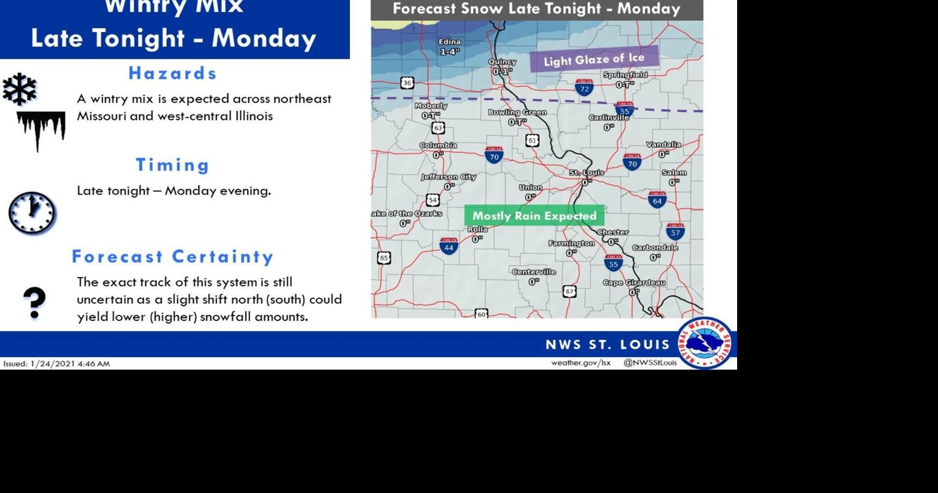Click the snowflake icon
pyautogui.click(x=20, y=89)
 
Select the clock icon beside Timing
pyautogui.click(x=32, y=213)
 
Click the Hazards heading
pyautogui.click(x=173, y=73)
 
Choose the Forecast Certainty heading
pyautogui.click(x=173, y=256)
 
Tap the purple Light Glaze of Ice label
pyautogui.click(x=593, y=60)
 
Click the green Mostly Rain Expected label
pyautogui.click(x=534, y=216)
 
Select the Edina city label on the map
pyautogui.click(x=449, y=42)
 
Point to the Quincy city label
pyautogui.click(x=502, y=62)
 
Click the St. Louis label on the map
pyautogui.click(x=586, y=173)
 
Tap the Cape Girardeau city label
pyautogui.click(x=633, y=283)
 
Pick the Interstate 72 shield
pyautogui.click(x=584, y=88)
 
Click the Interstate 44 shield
pyautogui.click(x=449, y=246)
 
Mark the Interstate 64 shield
pyautogui.click(x=657, y=200)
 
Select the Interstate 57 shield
pyautogui.click(x=675, y=232)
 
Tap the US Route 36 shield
pyautogui.click(x=407, y=83)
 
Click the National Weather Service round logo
pyautogui.click(x=705, y=342)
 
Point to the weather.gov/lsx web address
pyautogui.click(x=580, y=363)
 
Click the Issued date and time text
pyautogui.click(x=57, y=364)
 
